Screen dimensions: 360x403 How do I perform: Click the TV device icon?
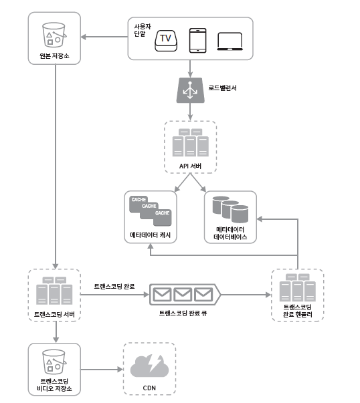point(166,41)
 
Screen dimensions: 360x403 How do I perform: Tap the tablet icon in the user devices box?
point(197,41)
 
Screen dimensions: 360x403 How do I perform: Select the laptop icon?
point(230,41)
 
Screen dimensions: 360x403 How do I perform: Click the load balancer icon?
point(191,90)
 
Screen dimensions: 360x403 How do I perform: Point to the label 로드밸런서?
point(222,88)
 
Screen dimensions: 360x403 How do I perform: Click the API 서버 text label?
point(190,166)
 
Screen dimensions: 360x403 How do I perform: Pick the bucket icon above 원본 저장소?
point(54,35)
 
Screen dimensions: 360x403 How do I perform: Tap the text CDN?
point(149,388)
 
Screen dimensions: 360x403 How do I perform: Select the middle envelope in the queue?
point(183,295)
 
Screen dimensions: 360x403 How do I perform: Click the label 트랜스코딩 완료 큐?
point(183,313)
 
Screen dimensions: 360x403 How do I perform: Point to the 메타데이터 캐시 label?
point(151,235)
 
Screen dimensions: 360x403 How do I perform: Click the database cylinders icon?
point(230,209)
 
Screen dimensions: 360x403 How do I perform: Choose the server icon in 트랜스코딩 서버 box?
point(54,291)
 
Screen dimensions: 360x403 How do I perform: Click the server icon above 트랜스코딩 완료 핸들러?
point(298,287)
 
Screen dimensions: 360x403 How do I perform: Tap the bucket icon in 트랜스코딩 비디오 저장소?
point(54,362)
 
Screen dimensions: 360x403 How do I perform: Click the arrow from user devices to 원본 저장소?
point(104,37)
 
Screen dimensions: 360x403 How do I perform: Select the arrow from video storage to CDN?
point(102,370)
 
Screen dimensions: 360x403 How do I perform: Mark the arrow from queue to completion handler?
point(246,295)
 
